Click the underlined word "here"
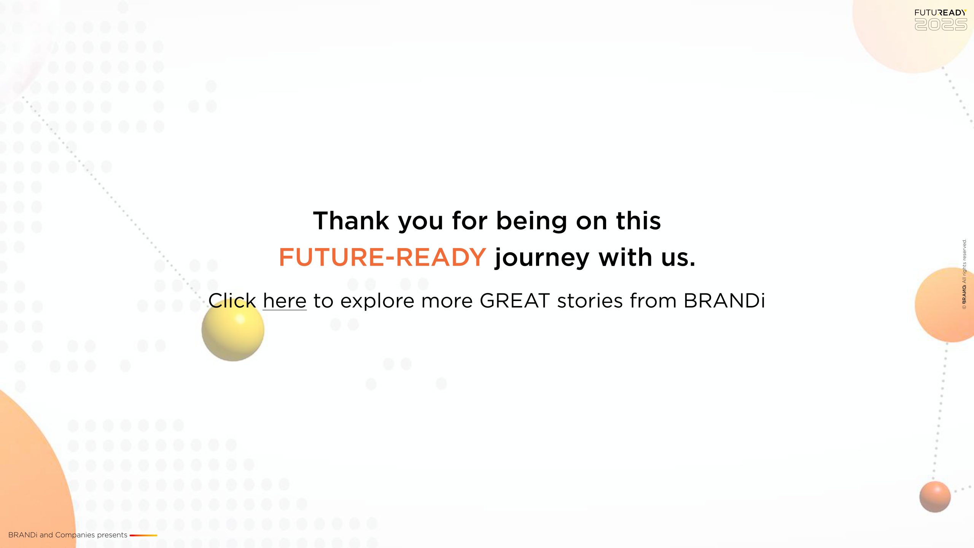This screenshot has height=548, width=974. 285,301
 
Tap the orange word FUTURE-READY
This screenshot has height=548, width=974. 382,257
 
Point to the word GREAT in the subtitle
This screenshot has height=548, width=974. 515,301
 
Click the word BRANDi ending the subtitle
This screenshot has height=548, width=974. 724,301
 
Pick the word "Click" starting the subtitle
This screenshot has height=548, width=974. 232,301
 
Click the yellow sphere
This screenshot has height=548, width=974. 233,330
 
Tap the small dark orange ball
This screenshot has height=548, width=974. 935,497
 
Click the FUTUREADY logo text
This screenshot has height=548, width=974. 941,13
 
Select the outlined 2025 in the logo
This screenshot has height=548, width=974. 941,25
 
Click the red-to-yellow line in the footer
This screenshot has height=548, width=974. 143,535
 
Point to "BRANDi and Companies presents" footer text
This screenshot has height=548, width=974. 68,535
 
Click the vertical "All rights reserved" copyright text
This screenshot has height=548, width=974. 964,274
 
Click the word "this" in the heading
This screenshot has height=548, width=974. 638,221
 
